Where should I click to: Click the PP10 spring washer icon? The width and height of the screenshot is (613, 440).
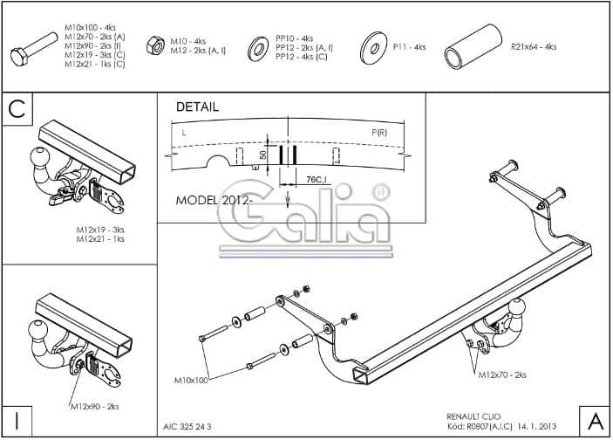coord(258,47)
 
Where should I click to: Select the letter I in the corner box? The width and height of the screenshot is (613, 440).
coord(17,419)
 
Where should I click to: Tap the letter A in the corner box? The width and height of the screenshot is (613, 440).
coord(595,419)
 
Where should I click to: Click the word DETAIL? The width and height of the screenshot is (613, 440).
coord(197,107)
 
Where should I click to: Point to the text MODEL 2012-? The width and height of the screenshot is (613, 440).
coord(215,199)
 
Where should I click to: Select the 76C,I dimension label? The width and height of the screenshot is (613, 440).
coord(316,180)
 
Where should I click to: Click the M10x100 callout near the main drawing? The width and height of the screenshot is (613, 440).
coord(191,381)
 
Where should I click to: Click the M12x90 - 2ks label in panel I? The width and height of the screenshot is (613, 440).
coord(95,407)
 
